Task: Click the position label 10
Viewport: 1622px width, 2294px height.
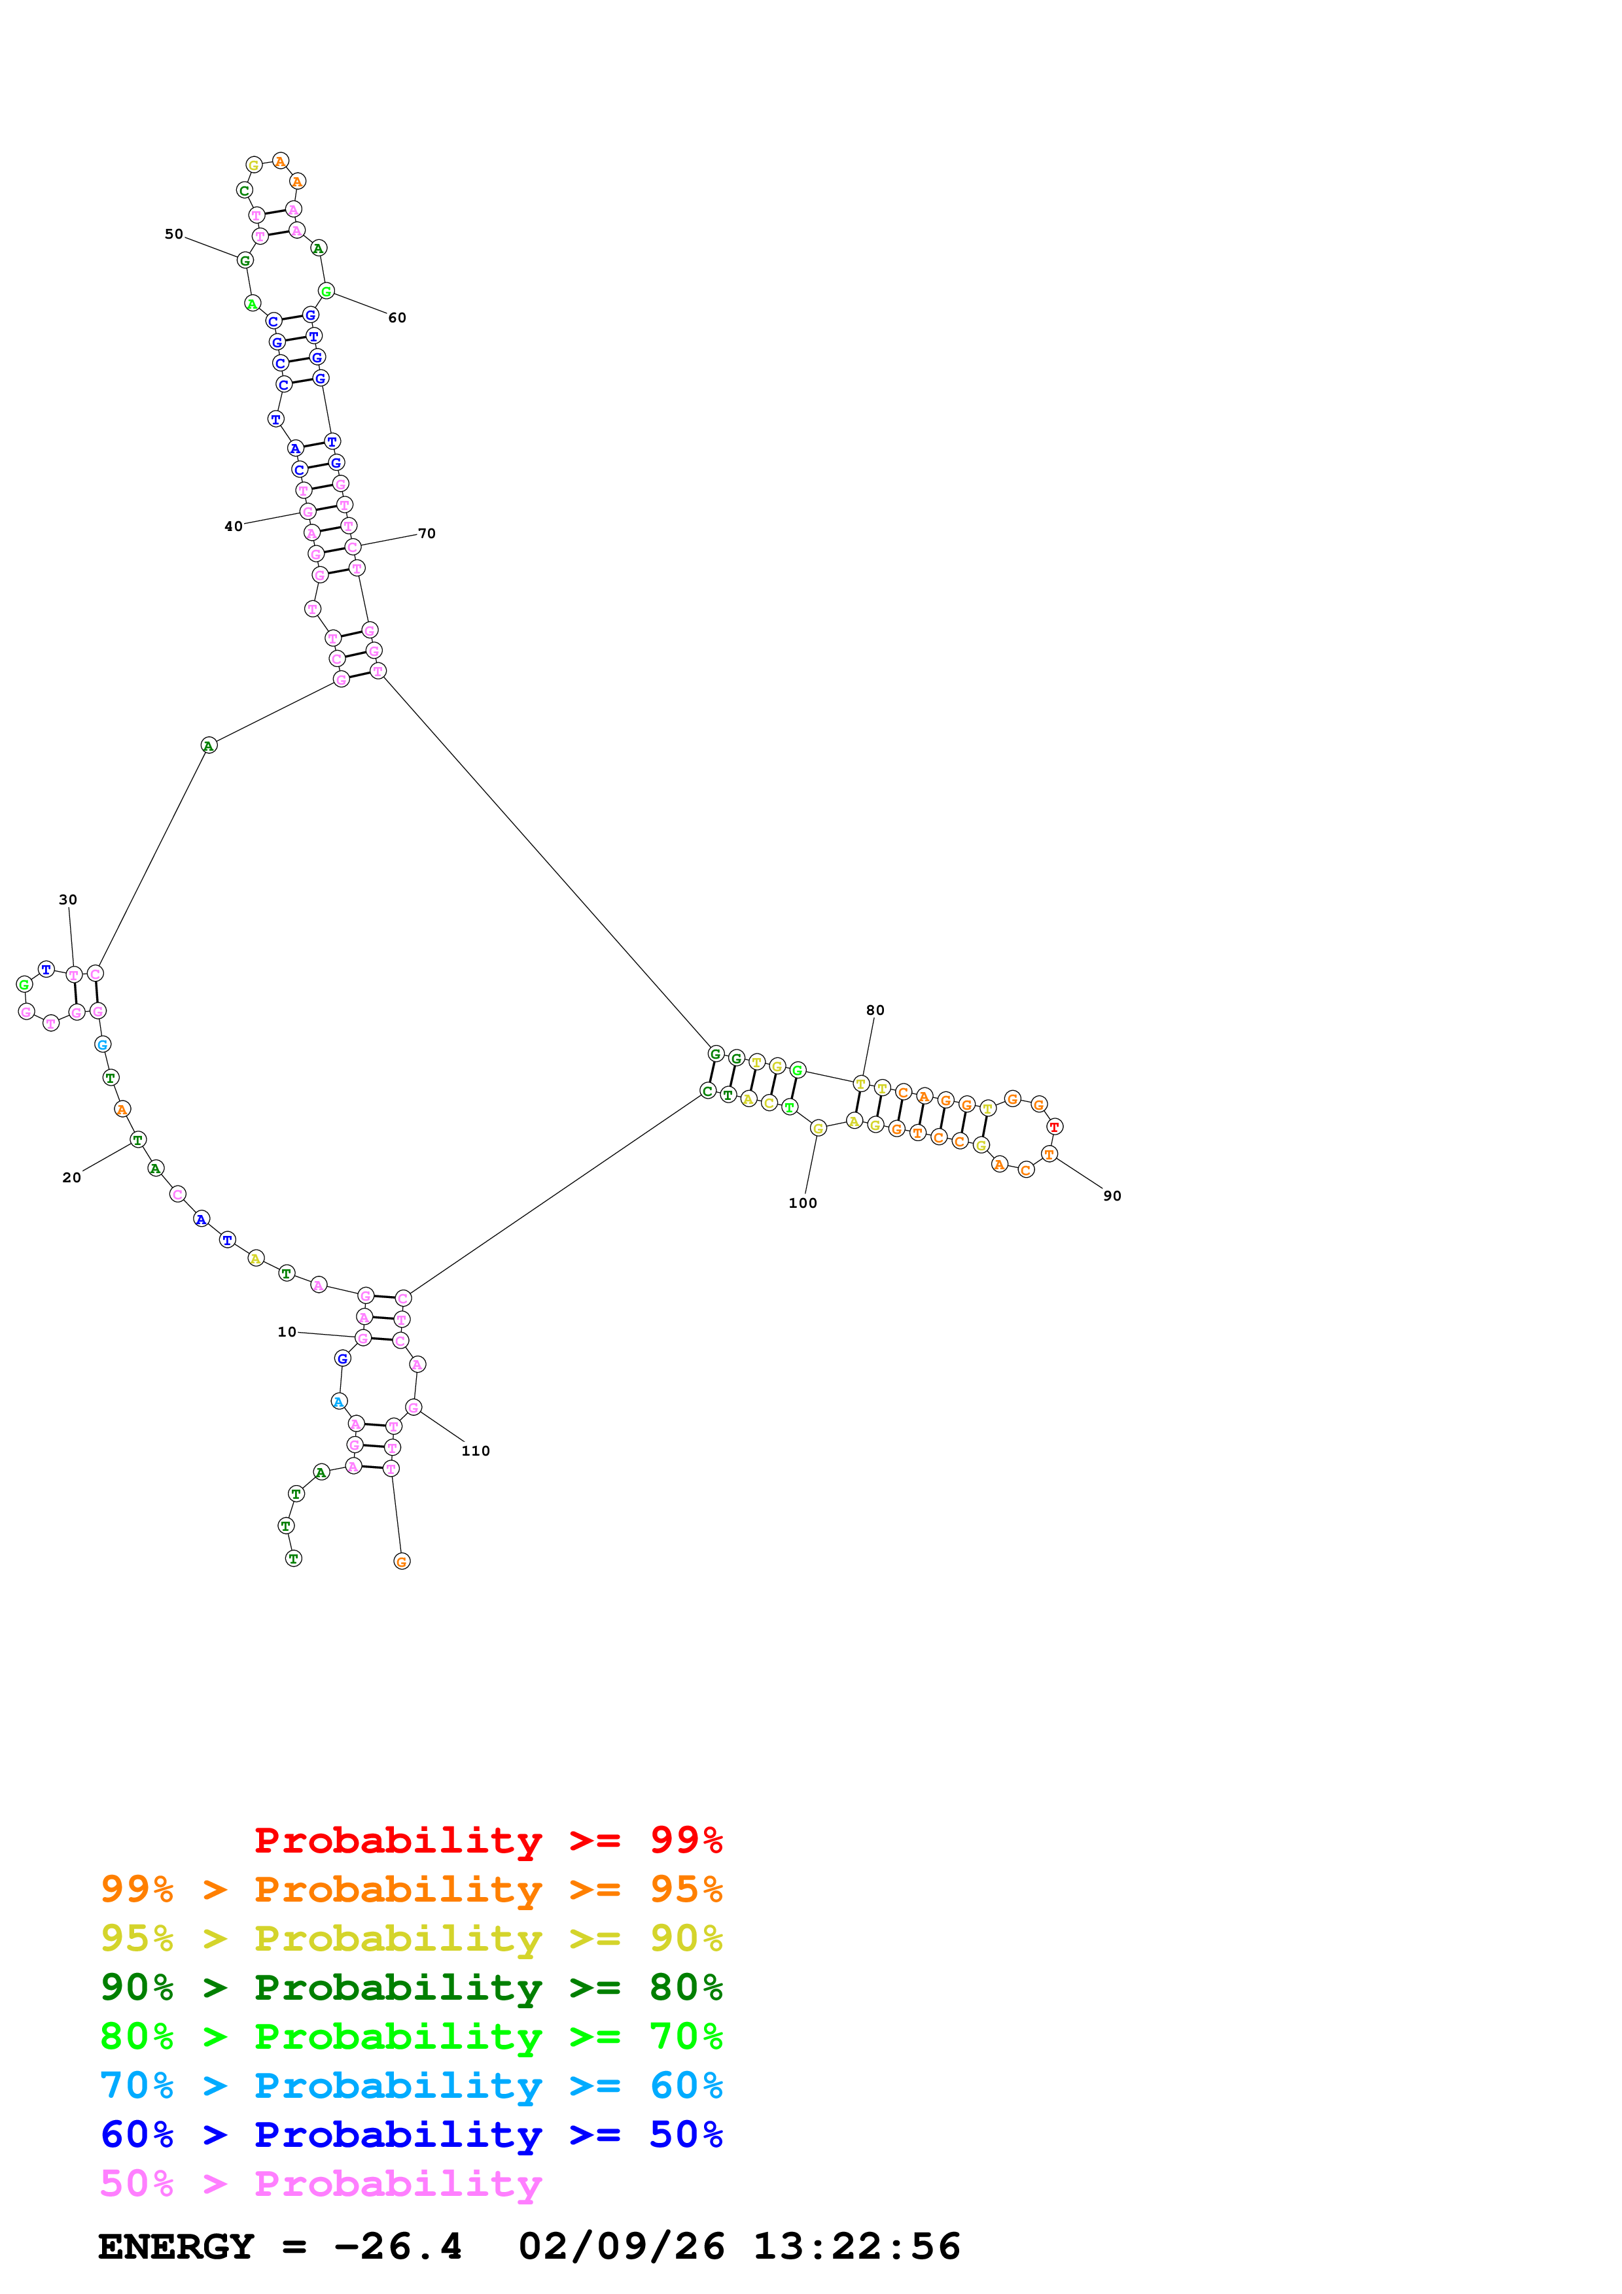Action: coord(287,1332)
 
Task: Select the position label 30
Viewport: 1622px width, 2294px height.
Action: coord(68,900)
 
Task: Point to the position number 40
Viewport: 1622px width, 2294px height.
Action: coord(233,526)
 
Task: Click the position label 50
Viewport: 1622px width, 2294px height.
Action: coord(174,235)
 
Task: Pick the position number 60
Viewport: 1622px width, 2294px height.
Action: coord(397,318)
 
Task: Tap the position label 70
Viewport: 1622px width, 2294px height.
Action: coord(427,534)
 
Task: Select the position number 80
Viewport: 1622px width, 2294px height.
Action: coord(875,1011)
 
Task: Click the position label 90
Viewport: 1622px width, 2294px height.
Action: coord(1112,1197)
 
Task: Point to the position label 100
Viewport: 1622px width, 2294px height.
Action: coord(803,1204)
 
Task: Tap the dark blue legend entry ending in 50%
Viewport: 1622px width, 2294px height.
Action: coord(411,2135)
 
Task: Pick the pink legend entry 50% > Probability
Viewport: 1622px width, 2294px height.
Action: coord(320,2184)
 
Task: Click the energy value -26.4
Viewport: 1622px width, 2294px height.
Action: coord(398,2247)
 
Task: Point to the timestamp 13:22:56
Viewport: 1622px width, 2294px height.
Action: coord(856,2247)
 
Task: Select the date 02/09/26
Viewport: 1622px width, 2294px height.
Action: coord(622,2247)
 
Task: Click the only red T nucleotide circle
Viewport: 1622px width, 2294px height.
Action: coord(1053,1127)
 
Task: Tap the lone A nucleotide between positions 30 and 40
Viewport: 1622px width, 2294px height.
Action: coord(208,745)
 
